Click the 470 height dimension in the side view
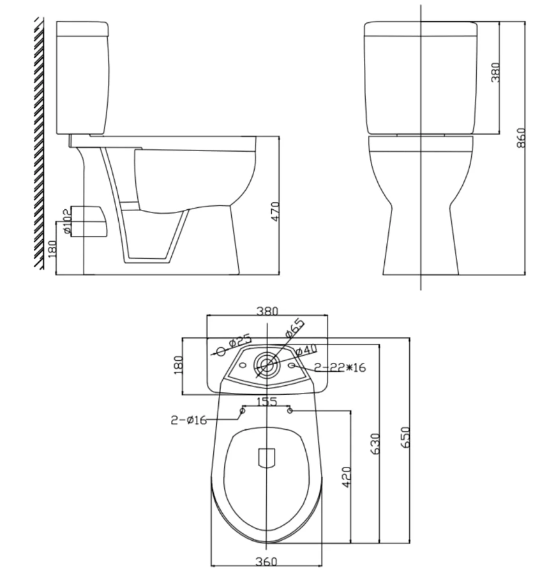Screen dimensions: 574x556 coord(275,211)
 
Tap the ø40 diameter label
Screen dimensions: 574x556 coord(306,350)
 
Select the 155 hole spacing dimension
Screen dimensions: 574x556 coord(266,402)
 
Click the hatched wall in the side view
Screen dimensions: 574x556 coord(39,140)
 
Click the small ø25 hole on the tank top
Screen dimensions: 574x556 coord(221,350)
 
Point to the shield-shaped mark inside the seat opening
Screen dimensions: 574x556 coord(266,458)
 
